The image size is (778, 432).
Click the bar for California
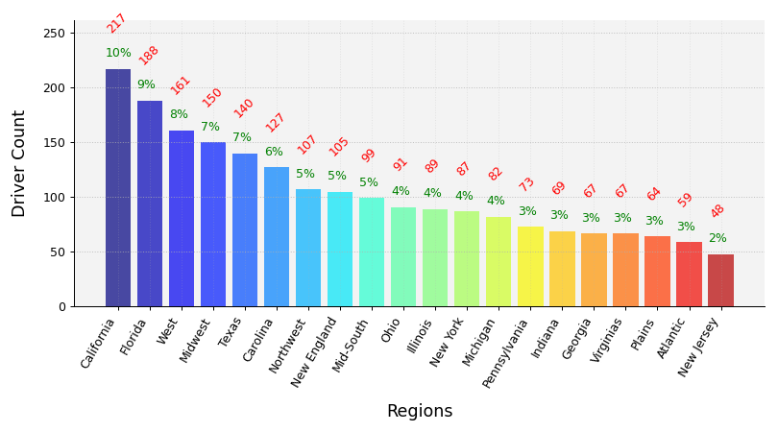tap(118, 187)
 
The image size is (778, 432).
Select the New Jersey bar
tap(720, 280)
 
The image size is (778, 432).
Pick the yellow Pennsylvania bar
tap(530, 266)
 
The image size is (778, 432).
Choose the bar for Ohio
tap(403, 256)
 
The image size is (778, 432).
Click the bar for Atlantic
tap(689, 274)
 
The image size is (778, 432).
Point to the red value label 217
tap(116, 23)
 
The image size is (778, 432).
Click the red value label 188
tap(149, 55)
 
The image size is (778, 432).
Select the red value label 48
tap(717, 211)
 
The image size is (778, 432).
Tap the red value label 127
tap(276, 122)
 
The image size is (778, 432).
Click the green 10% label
tap(118, 53)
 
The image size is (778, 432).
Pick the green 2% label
tap(717, 238)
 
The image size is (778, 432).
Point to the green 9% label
tap(146, 84)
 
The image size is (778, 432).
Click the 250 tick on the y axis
tap(54, 33)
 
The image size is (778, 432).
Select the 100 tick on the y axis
tap(54, 197)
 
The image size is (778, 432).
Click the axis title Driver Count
tap(19, 163)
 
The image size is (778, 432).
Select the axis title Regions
tap(419, 411)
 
